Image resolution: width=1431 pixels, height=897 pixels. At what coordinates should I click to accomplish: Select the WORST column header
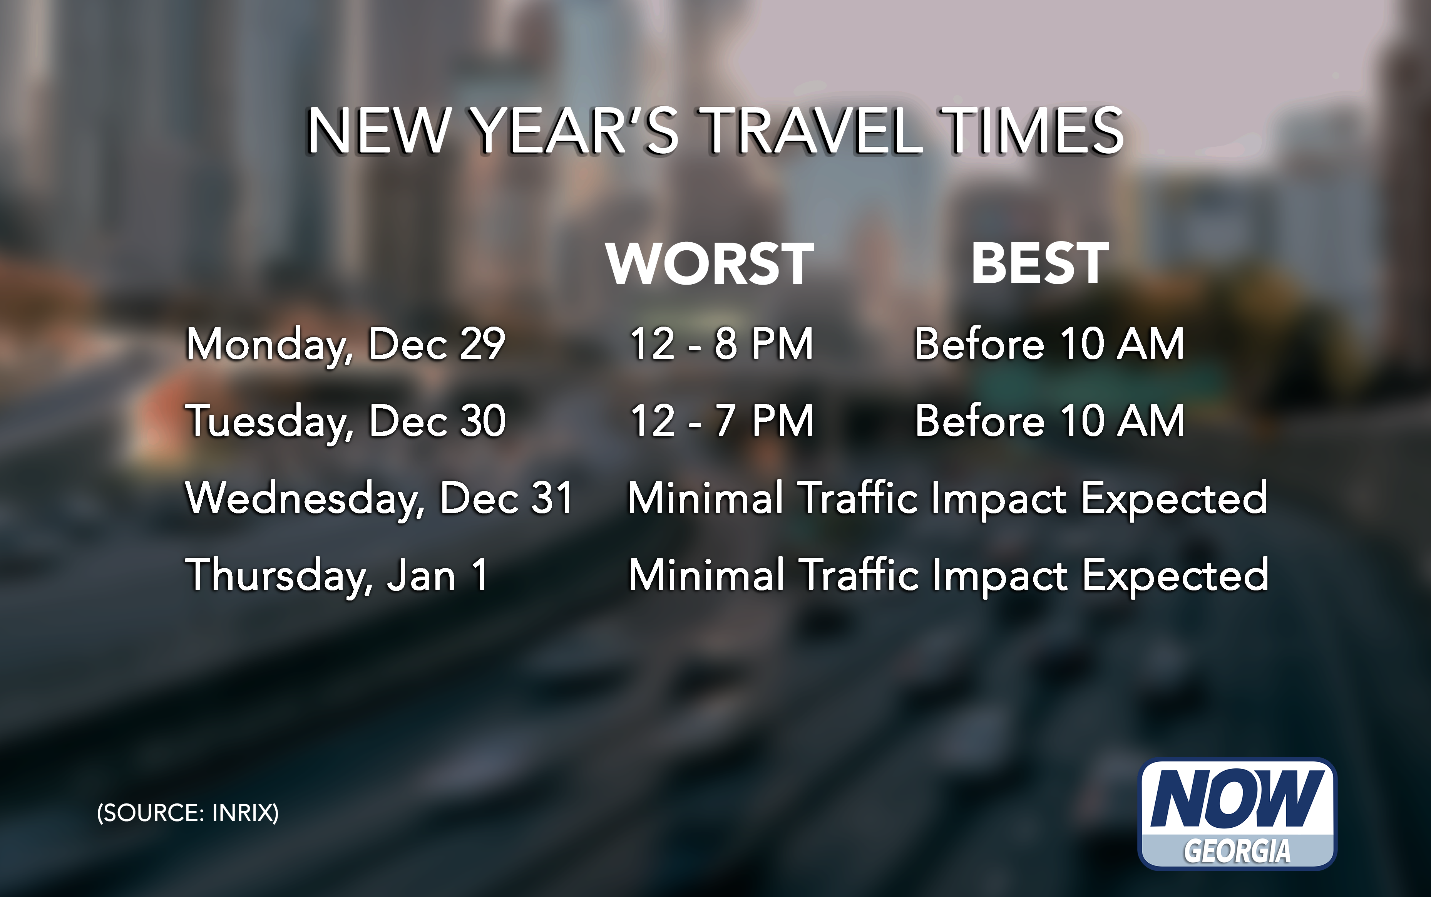[710, 263]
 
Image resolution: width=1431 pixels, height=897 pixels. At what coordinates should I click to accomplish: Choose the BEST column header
[1039, 263]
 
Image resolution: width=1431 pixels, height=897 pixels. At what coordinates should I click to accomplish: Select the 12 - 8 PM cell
[721, 344]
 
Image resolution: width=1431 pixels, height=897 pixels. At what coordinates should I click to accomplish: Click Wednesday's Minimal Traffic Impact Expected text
[947, 499]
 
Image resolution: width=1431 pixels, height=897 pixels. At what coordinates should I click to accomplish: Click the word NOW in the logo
[1237, 798]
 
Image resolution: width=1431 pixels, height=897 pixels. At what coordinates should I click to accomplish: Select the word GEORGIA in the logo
[1237, 852]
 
